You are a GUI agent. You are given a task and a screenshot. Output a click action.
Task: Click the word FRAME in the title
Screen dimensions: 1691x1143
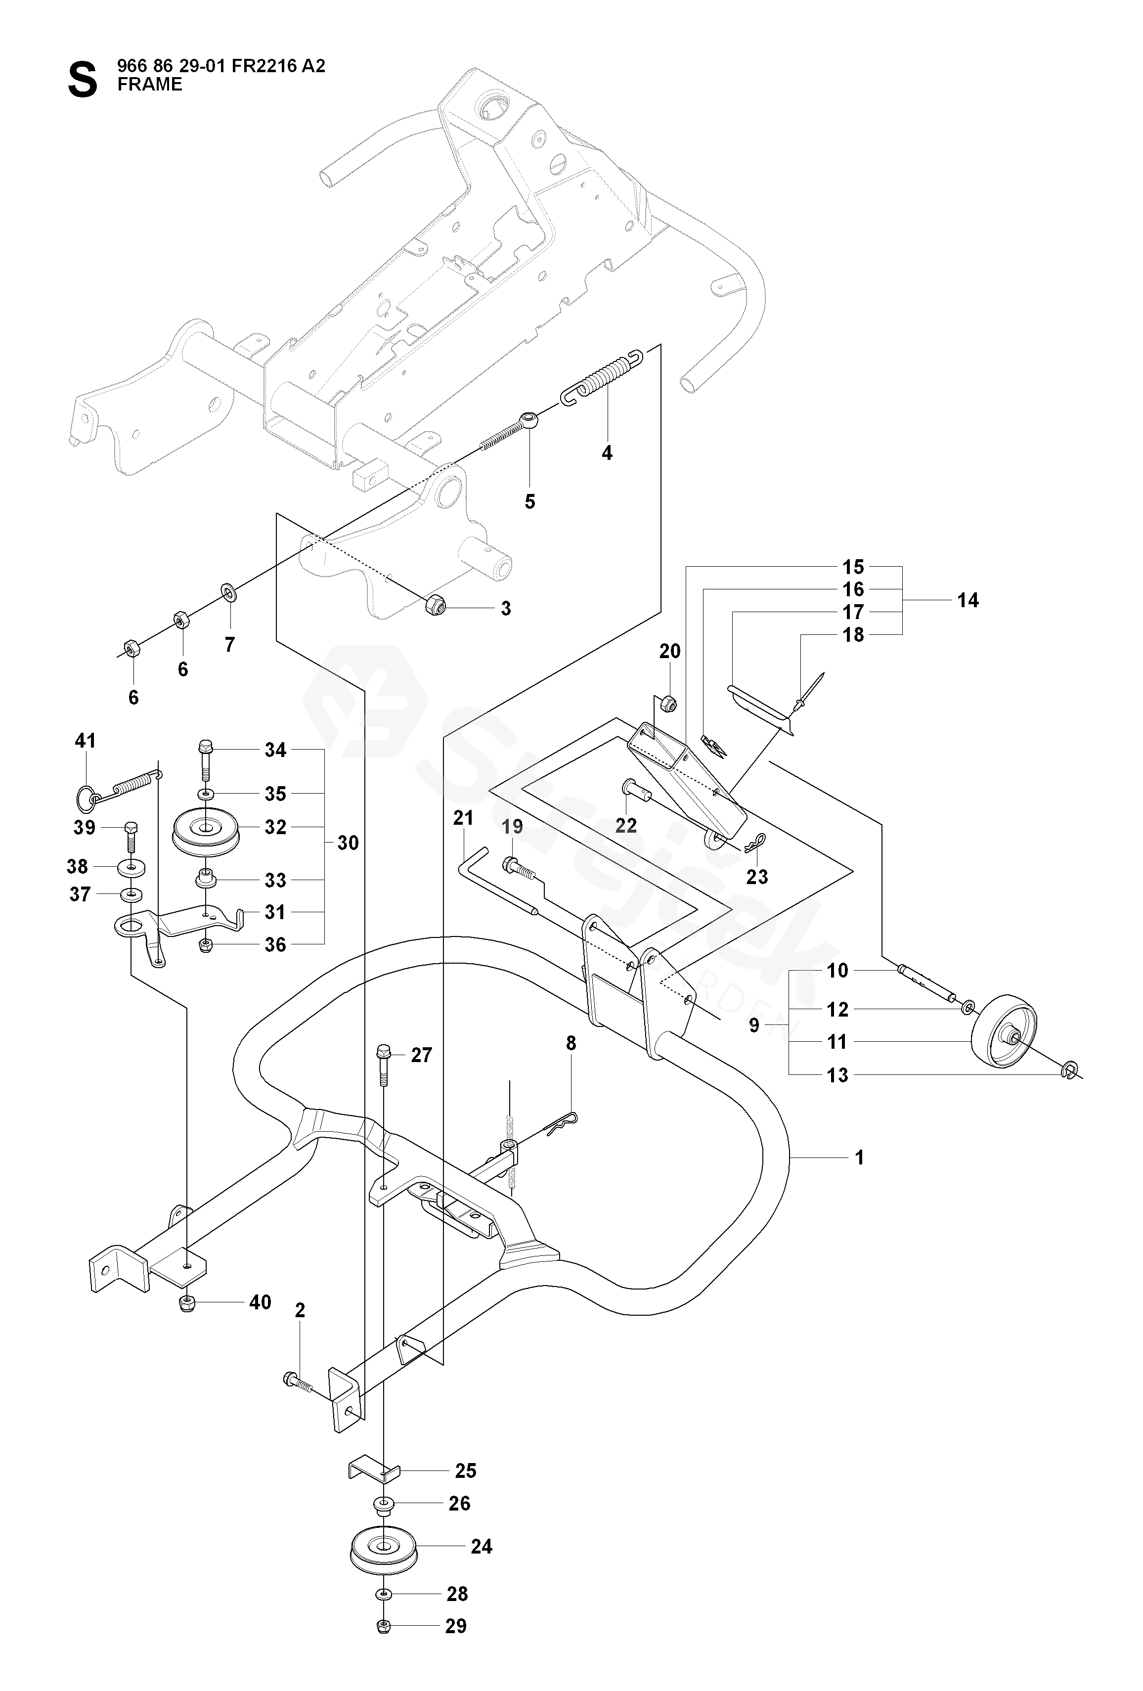[150, 85]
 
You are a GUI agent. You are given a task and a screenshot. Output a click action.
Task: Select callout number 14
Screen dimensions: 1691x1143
[967, 600]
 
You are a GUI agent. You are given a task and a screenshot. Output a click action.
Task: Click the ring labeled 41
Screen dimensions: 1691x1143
[86, 797]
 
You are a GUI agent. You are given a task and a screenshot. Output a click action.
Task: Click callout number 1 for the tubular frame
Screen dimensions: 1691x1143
[859, 1157]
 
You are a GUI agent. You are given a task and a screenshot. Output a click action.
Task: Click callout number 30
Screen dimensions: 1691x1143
[348, 843]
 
